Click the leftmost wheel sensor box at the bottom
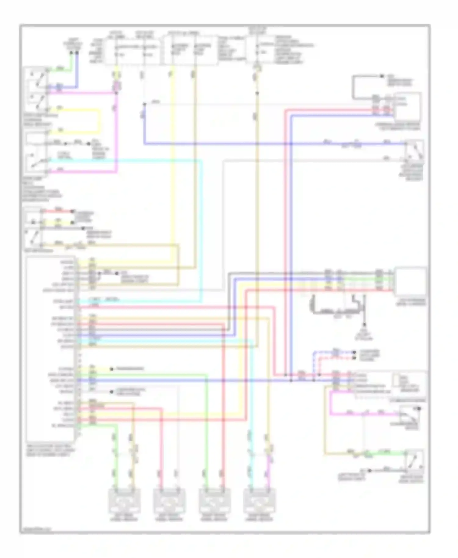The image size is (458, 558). click(x=125, y=501)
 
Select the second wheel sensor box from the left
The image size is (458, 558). click(x=169, y=501)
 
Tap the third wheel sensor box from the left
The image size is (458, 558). click(x=214, y=501)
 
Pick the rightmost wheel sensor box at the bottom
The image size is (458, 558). click(x=259, y=501)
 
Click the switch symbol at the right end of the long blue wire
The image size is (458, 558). click(x=415, y=150)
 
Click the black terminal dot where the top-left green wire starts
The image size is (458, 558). click(x=71, y=53)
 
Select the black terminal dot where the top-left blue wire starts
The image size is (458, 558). click(x=77, y=53)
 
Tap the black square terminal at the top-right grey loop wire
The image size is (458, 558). click(x=382, y=76)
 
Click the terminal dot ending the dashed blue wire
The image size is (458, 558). click(x=354, y=352)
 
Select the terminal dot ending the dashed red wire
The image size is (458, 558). click(x=354, y=357)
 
